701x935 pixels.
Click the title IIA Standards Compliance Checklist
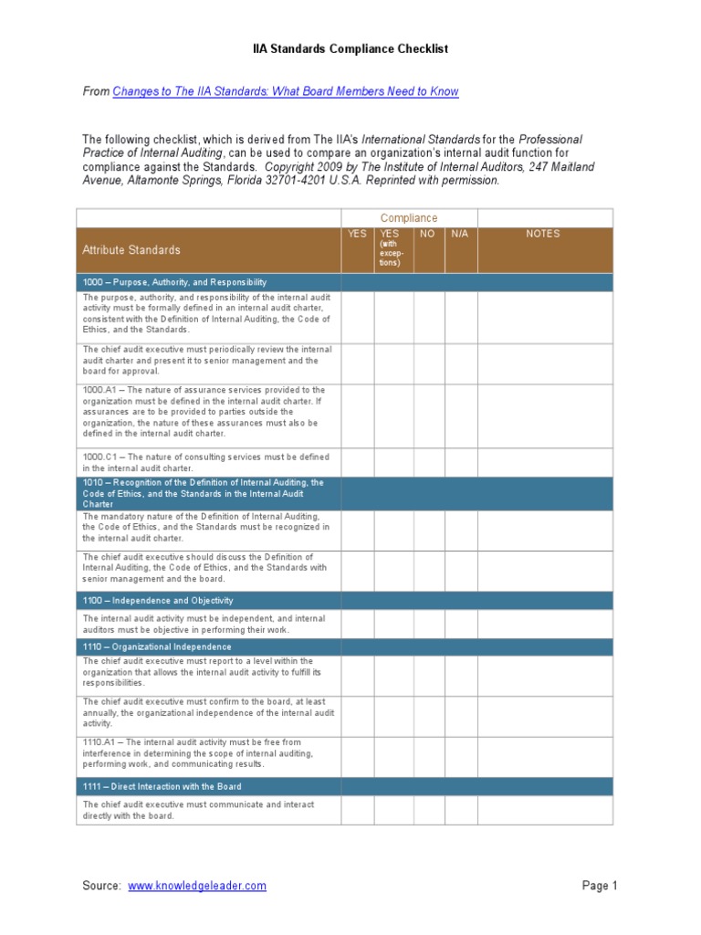[x=350, y=48]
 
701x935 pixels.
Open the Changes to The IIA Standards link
[x=285, y=91]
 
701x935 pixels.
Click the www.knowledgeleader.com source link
[x=197, y=886]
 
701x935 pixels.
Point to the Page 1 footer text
[x=600, y=886]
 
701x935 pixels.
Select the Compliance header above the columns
[x=409, y=218]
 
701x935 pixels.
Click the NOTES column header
[x=544, y=234]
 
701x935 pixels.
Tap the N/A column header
[x=460, y=234]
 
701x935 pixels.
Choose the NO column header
[x=428, y=234]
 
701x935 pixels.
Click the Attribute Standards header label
[x=131, y=250]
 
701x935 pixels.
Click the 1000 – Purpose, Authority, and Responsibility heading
[x=174, y=282]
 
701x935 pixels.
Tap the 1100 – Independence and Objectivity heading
[x=158, y=600]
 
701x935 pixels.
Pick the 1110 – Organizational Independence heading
[x=157, y=646]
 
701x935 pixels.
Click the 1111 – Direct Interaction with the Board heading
[x=162, y=786]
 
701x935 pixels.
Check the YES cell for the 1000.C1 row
[x=358, y=462]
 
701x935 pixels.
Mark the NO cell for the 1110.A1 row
[x=428, y=756]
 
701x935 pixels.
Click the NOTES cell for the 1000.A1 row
[x=544, y=415]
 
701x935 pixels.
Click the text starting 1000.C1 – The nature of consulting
[x=205, y=462]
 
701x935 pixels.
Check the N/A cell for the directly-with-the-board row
[x=460, y=810]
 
